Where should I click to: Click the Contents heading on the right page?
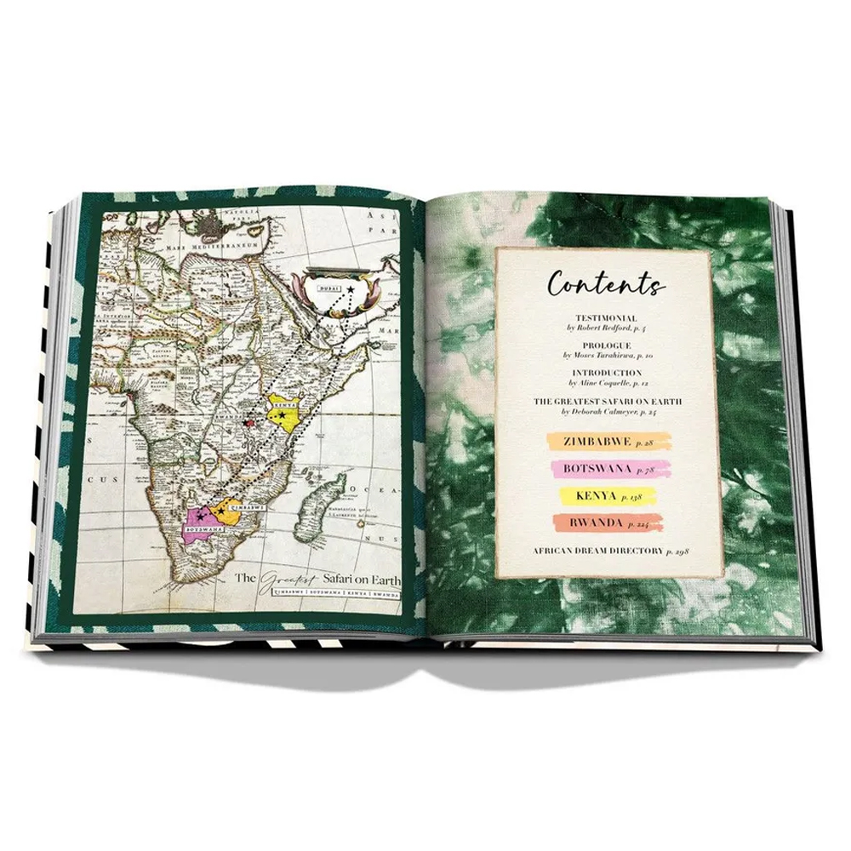click(x=607, y=283)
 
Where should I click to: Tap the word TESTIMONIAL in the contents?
click(x=605, y=317)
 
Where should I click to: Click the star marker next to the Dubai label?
click(x=350, y=291)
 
